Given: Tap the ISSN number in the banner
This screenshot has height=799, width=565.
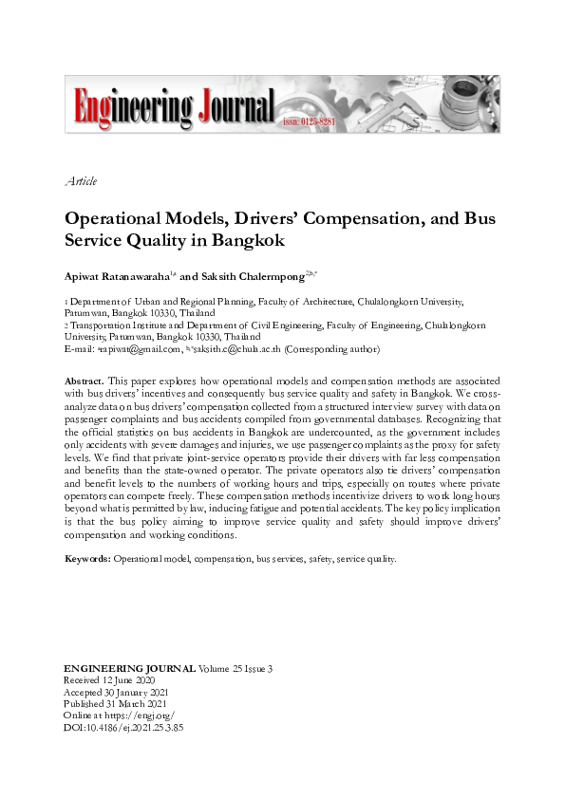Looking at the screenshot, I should tap(307, 123).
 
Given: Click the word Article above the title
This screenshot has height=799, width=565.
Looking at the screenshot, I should tap(81, 181).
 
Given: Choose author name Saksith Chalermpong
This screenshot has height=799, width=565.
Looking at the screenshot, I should tap(251, 276).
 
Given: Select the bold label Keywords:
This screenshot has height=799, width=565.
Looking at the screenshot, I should tap(87, 559).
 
